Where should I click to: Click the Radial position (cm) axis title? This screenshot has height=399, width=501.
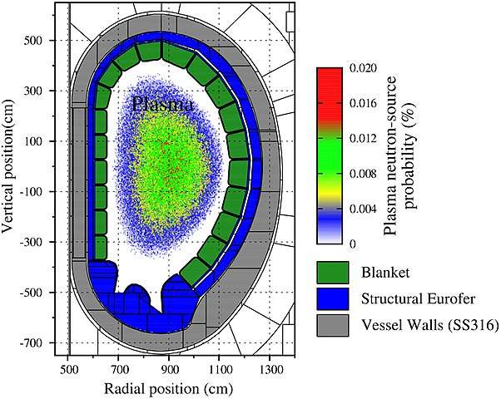coord(169,388)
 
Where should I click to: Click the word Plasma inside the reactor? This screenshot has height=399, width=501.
coord(163,106)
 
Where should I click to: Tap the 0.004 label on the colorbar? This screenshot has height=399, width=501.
coord(365,209)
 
